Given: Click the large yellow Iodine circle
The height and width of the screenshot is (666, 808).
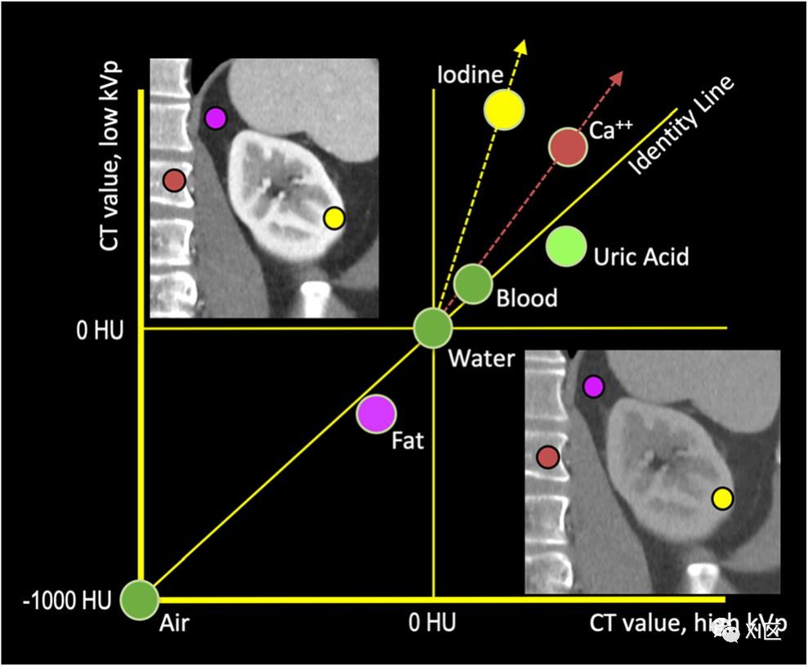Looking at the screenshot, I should (x=504, y=110).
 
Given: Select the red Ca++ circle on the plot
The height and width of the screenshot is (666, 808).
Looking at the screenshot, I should (x=568, y=147).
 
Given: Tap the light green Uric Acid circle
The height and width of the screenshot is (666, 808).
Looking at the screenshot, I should (x=566, y=246).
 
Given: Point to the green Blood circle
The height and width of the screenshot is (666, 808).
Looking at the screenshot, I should (x=473, y=284).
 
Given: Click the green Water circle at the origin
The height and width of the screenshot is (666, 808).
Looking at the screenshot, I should (x=433, y=329).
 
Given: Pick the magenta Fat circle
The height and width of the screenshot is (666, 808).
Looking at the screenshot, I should (x=376, y=413).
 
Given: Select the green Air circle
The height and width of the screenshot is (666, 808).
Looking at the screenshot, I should (x=139, y=600).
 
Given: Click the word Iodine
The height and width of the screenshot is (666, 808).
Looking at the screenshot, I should (x=469, y=76).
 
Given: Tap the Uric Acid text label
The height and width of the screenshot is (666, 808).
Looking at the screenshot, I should (x=641, y=257).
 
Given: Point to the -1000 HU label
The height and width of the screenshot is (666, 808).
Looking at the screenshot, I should (x=61, y=603).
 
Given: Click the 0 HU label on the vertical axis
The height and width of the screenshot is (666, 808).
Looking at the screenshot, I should (x=96, y=329).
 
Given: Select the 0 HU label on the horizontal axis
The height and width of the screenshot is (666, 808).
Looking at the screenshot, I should (x=432, y=624).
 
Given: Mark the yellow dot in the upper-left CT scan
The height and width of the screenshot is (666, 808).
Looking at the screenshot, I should (x=334, y=218).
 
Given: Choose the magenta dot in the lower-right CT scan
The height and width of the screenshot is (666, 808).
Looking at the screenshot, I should (x=594, y=387).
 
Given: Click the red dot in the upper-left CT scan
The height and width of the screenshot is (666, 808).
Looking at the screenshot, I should (x=173, y=180).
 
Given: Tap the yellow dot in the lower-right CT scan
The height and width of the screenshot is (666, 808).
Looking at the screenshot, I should (x=722, y=498).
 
